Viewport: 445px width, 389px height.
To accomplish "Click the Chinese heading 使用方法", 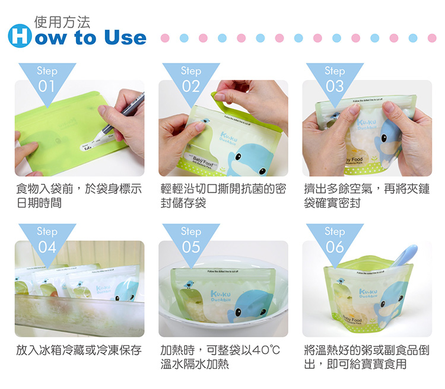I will (x=62, y=23).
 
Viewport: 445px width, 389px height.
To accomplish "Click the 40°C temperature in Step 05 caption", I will (x=266, y=350).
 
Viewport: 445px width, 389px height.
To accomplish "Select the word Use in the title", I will (x=124, y=37).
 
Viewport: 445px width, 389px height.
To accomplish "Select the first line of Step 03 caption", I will (x=366, y=190).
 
